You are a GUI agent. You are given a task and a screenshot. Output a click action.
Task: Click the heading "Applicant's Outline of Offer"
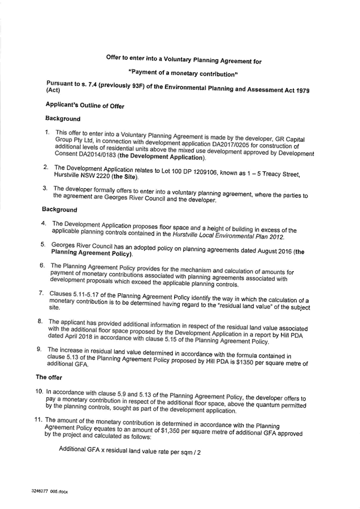tap(85, 106)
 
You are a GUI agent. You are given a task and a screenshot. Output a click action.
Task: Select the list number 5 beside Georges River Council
tap(43, 245)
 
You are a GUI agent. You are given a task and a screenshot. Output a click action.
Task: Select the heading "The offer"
tap(49, 377)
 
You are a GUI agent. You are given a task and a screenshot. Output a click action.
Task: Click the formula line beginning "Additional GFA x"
tap(129, 451)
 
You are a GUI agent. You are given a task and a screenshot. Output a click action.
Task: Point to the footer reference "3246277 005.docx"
tap(49, 491)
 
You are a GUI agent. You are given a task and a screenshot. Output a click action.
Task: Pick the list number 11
tap(39, 419)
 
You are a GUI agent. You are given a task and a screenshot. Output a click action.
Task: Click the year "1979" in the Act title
tap(302, 90)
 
